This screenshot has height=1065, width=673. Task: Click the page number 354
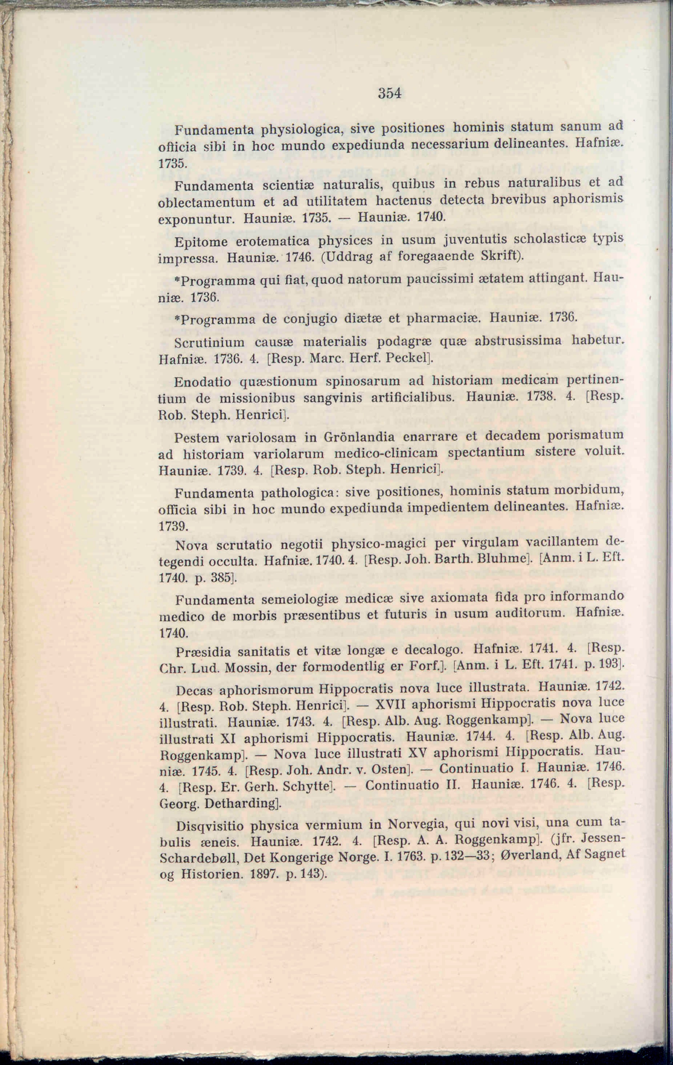click(390, 94)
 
